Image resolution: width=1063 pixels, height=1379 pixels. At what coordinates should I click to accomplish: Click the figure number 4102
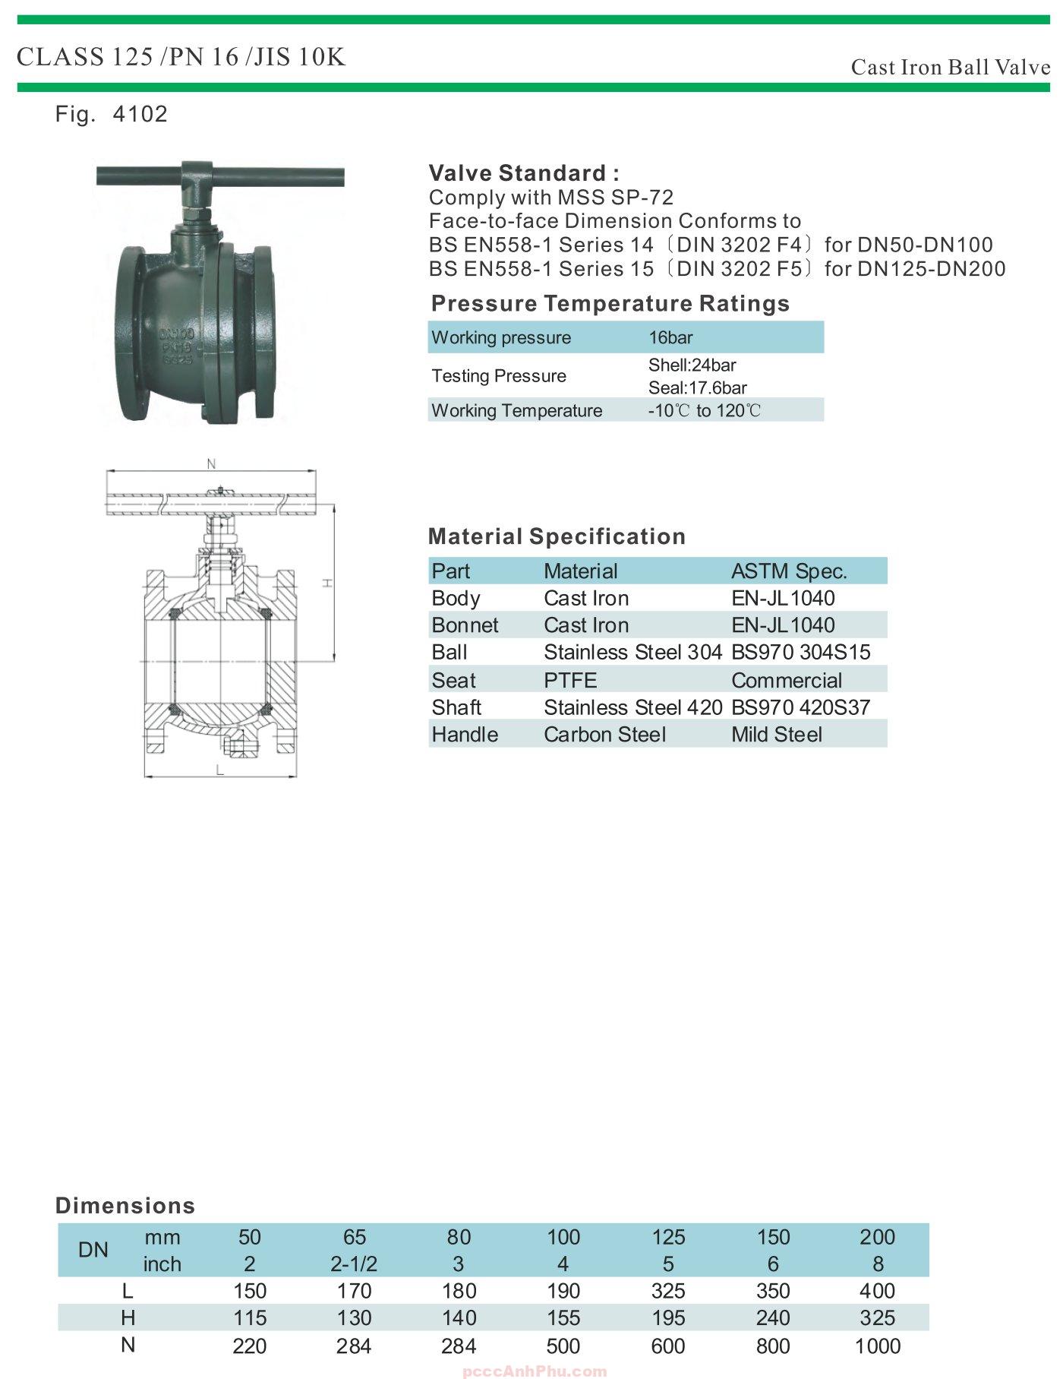tap(140, 114)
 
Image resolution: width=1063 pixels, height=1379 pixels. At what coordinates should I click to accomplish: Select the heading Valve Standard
tap(524, 173)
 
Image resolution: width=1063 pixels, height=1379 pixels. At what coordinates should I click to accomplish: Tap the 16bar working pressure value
tap(670, 337)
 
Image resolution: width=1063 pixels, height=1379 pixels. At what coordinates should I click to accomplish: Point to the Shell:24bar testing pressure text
tap(692, 365)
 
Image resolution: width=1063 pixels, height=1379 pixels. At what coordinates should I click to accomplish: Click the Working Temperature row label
tap(516, 410)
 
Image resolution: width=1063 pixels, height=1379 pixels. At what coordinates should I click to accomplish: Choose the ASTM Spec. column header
tap(789, 571)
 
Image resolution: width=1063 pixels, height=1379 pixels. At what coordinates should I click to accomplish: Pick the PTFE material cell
tap(570, 680)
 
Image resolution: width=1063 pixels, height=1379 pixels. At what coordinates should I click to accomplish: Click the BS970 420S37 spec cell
tap(800, 707)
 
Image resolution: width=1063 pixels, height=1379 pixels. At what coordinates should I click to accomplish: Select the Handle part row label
tap(465, 735)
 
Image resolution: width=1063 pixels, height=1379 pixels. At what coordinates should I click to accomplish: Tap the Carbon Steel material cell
tap(604, 735)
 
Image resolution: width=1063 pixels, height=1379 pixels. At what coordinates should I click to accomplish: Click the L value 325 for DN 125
tap(668, 1291)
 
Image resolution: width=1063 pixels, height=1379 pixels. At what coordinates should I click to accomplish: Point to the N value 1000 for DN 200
tap(877, 1346)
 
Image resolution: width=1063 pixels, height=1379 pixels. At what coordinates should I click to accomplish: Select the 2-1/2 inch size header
tap(354, 1264)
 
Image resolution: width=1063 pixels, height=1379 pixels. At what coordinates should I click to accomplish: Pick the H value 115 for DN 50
tap(249, 1317)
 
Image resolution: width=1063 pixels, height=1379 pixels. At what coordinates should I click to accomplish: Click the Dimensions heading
tap(125, 1206)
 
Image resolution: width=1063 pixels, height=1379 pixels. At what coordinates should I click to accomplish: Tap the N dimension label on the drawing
tap(211, 464)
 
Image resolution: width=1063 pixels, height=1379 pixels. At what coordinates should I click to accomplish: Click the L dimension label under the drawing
tap(219, 770)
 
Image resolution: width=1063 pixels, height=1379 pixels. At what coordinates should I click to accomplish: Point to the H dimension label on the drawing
tap(326, 583)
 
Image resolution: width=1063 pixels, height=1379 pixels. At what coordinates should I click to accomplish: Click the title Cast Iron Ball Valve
tap(950, 68)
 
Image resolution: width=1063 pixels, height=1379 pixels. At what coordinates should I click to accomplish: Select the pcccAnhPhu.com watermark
tap(535, 1371)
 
